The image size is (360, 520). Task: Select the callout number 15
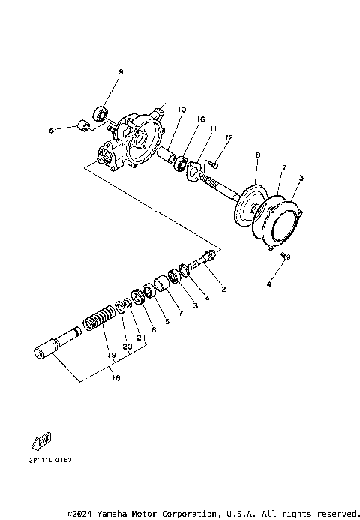pos(50,130)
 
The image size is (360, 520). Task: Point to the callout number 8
pos(257,155)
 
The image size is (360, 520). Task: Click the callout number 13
pos(300,178)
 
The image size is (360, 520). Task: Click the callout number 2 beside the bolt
pos(221,288)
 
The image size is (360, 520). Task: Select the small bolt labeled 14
pos(286,257)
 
